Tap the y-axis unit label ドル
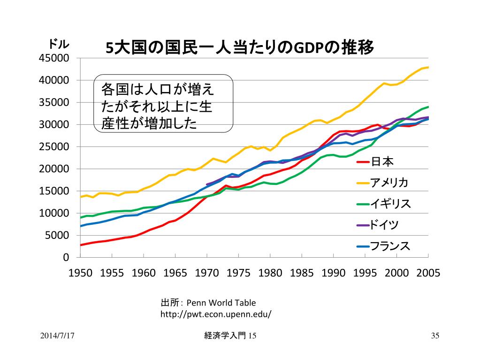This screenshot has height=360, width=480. pos(59,45)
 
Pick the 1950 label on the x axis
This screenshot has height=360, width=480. pos(81,273)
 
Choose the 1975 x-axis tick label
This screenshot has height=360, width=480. pos(239,273)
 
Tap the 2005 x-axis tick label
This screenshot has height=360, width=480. pos(428,273)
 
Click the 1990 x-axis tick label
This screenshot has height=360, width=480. pos(334,273)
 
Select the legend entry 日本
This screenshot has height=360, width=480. pos(382,162)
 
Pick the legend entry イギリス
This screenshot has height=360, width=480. pos(390,204)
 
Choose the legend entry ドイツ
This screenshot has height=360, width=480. pos(385,225)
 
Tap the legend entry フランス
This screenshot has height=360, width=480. pos(390,246)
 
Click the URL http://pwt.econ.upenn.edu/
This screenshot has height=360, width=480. pos(216,314)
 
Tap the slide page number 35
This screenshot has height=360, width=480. pos(435,336)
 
